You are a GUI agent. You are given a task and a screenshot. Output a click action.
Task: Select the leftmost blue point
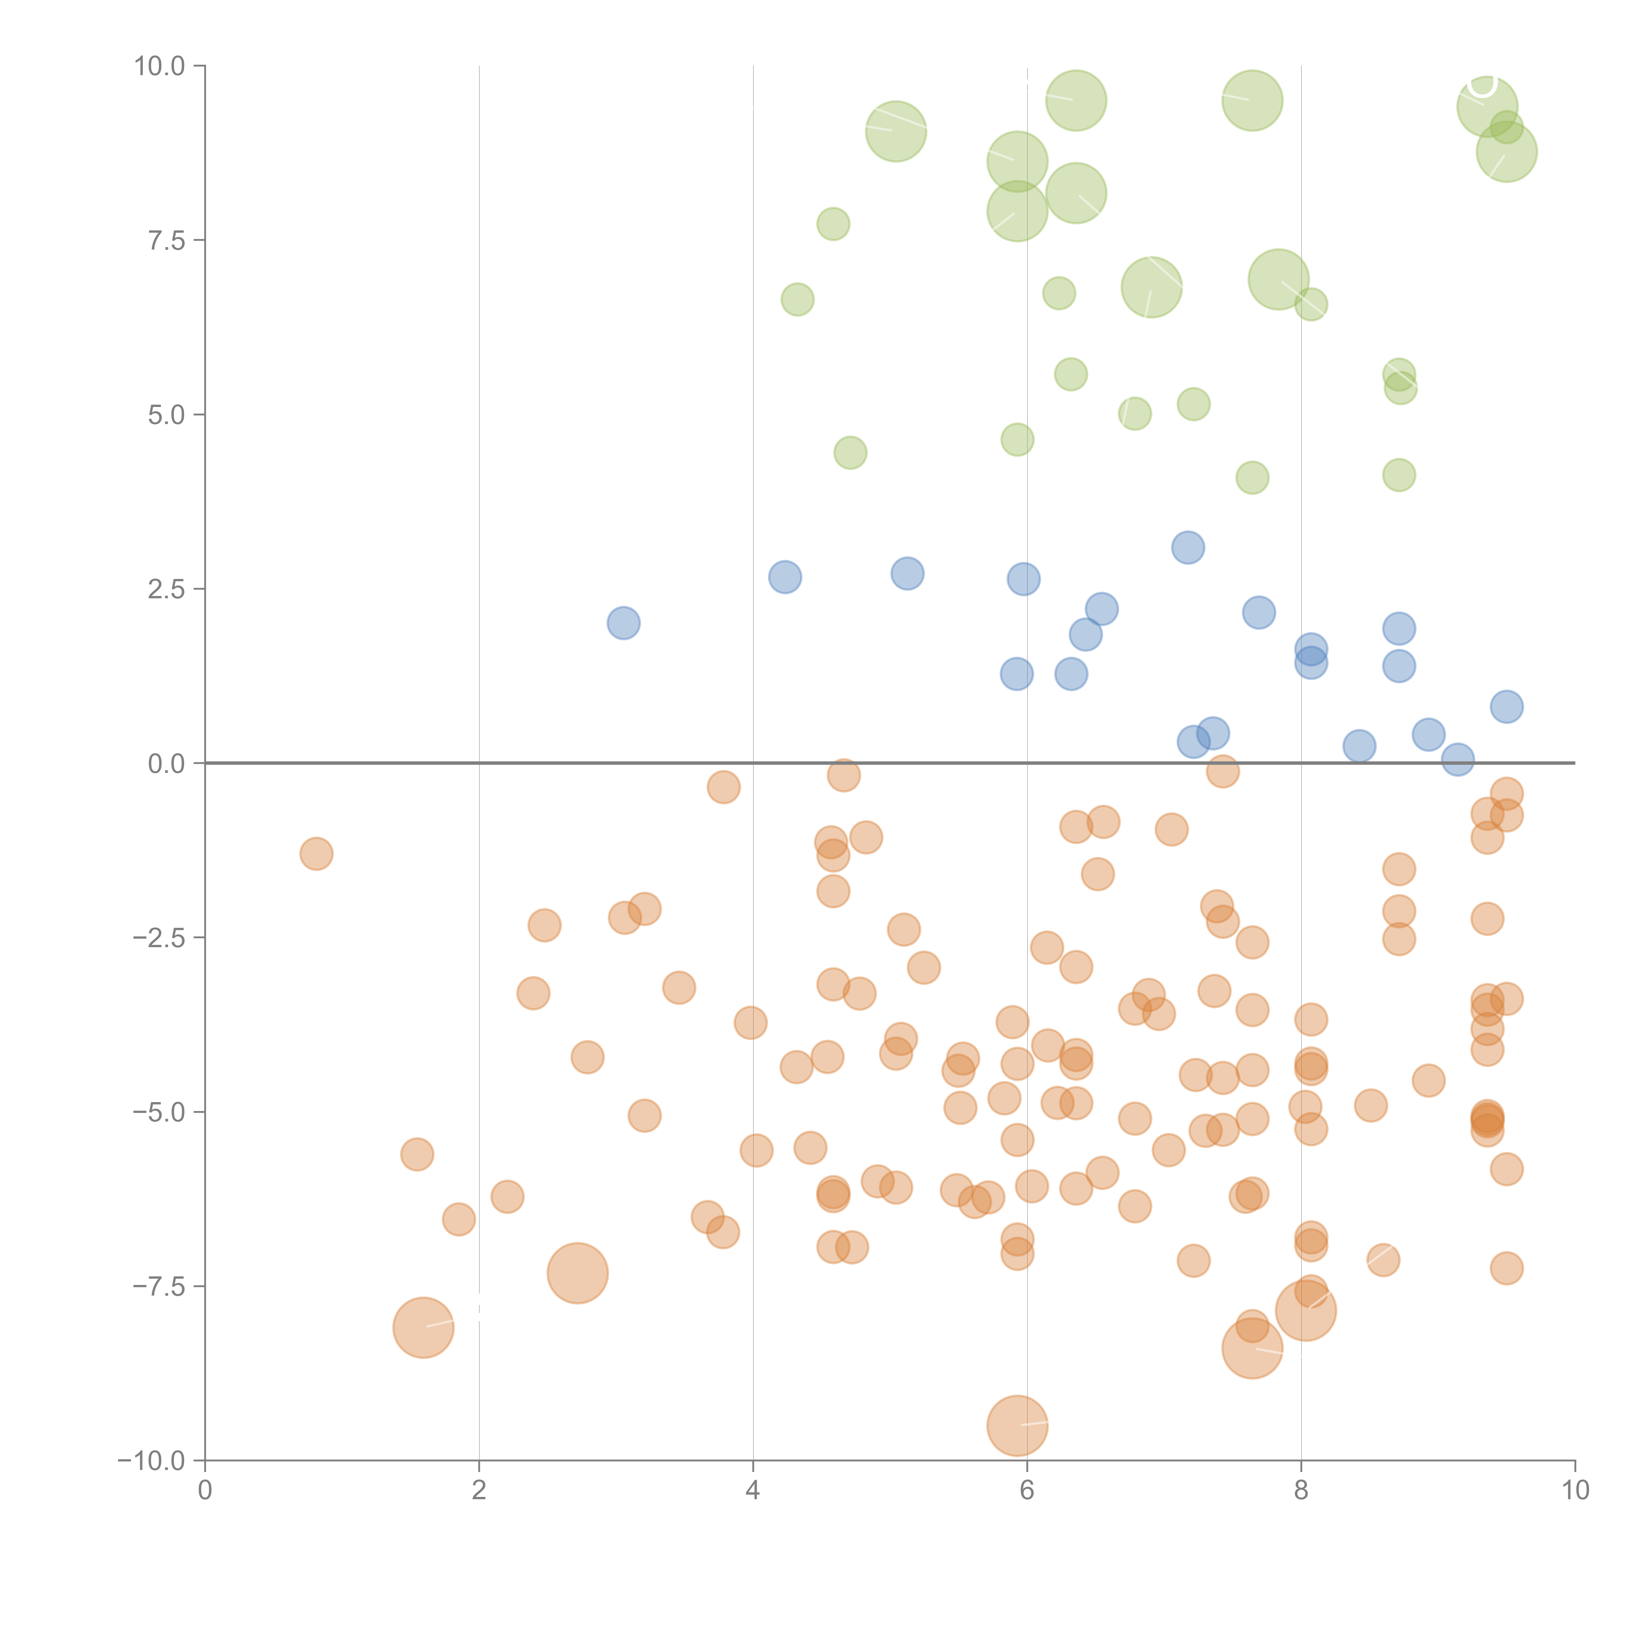[x=624, y=623]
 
